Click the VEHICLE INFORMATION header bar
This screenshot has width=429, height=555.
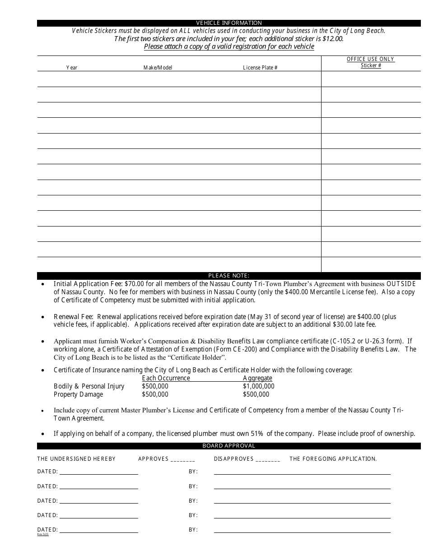(229, 23)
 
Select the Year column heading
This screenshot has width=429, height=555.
(72, 68)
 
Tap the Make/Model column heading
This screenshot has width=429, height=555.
(158, 68)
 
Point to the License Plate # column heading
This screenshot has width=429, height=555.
(260, 68)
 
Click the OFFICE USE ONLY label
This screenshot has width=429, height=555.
(370, 59)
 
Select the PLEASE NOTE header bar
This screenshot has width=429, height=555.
(229, 276)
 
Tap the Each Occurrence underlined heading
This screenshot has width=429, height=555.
(166, 378)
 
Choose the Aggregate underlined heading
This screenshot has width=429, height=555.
(257, 378)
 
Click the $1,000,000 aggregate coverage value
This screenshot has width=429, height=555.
(258, 386)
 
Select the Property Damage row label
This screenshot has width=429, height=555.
(78, 394)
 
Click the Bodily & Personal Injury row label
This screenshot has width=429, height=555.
(89, 386)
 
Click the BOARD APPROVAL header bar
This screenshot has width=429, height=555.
(229, 446)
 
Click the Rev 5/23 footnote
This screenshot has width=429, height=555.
(42, 535)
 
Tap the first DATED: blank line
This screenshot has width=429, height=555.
(98, 472)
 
